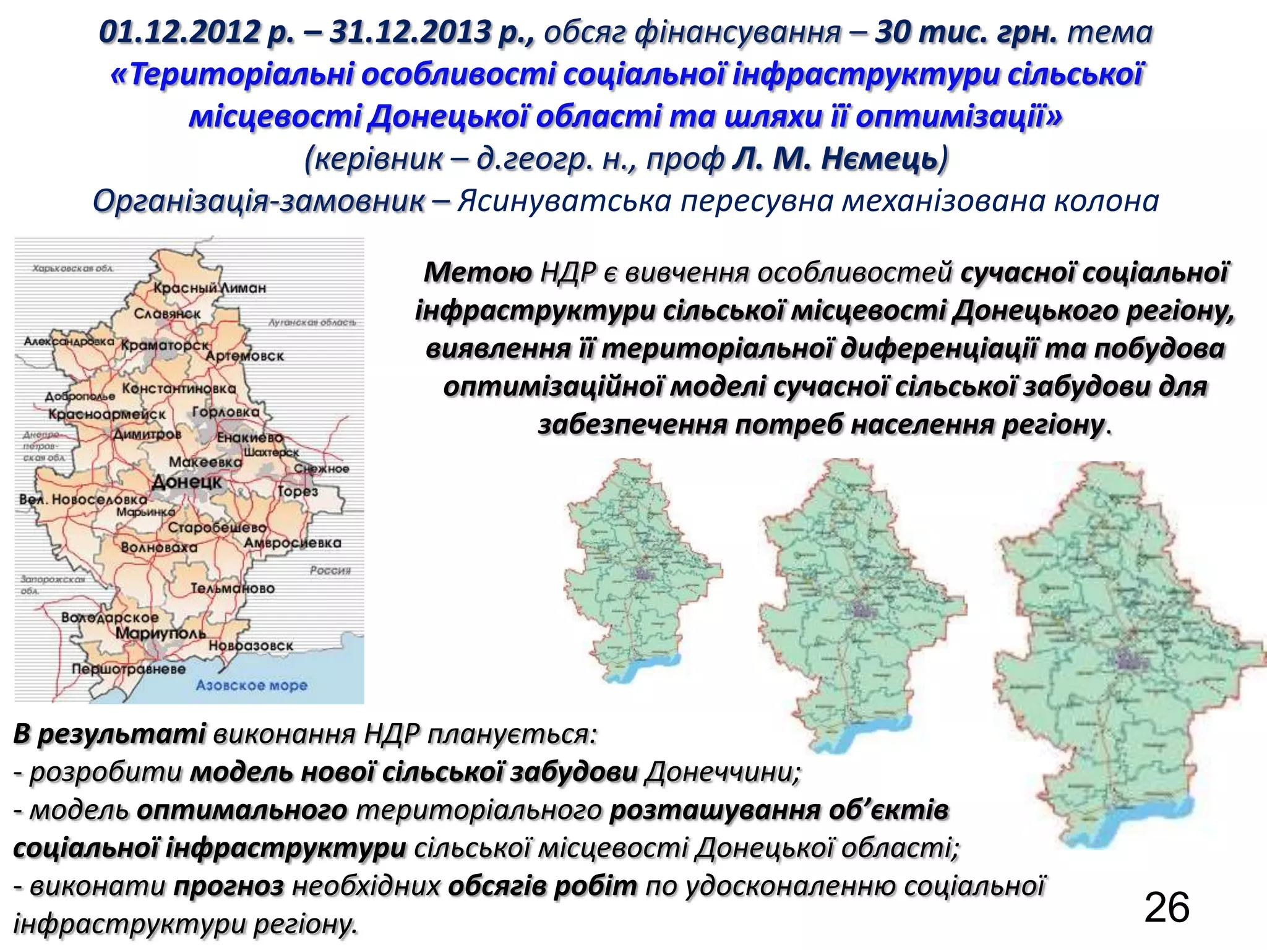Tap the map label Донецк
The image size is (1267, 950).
coord(186,482)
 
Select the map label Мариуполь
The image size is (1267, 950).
coord(160,633)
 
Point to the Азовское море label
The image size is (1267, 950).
coord(251,685)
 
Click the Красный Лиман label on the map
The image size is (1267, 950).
coord(210,288)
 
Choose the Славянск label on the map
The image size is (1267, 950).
coord(167,314)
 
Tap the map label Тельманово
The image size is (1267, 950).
coord(232,588)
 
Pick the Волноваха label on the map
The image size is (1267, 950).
coord(159,547)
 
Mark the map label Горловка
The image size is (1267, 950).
coord(226,412)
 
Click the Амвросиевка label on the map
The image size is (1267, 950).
coord(292,543)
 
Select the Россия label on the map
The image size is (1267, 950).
coord(330,570)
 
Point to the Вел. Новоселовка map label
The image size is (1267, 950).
coord(84,499)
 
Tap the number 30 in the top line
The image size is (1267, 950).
coord(890,32)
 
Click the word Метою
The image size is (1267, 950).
coord(478,272)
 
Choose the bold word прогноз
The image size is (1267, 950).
coord(228,886)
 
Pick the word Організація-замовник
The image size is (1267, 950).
coord(259,201)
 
